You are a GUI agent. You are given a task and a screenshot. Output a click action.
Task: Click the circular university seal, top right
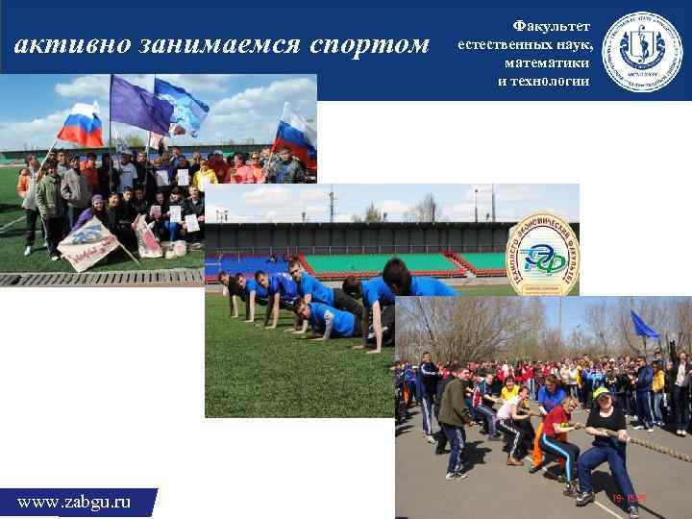point(641,50)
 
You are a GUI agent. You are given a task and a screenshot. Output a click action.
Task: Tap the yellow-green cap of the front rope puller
point(603,392)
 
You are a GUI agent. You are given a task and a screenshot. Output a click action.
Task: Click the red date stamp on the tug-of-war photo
point(629,498)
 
